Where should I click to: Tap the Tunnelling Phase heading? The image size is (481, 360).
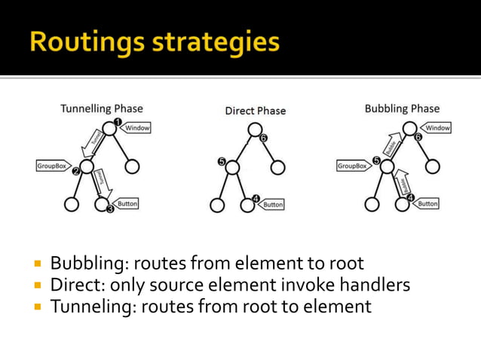[102, 109]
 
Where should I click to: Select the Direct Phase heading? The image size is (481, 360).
[256, 111]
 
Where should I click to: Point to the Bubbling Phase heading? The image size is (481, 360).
[402, 109]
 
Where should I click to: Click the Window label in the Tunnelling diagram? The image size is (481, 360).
[138, 128]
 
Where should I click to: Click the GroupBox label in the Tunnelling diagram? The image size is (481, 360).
[51, 165]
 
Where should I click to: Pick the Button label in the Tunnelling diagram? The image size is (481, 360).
[128, 203]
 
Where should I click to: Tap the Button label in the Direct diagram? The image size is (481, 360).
[273, 204]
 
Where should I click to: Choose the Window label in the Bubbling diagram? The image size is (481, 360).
[438, 128]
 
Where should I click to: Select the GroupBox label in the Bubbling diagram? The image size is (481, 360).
[352, 165]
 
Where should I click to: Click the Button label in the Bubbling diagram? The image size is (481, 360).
[428, 203]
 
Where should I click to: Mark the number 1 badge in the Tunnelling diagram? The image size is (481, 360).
[117, 121]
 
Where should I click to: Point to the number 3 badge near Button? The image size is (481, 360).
[110, 209]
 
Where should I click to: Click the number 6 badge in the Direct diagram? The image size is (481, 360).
[263, 139]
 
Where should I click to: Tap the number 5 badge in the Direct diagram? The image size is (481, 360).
[222, 161]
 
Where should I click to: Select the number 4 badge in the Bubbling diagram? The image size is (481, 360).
[410, 199]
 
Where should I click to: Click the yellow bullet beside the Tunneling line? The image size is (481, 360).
[36, 307]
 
